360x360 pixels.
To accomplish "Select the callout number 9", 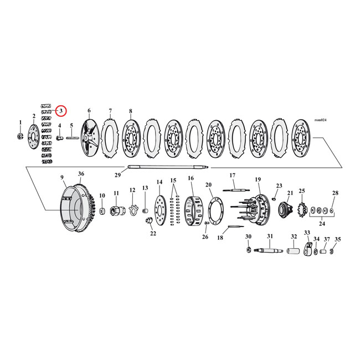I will (x=62, y=177).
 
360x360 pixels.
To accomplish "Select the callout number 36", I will (x=81, y=174).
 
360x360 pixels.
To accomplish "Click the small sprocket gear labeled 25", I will (x=302, y=210).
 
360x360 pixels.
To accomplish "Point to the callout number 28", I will (x=335, y=193).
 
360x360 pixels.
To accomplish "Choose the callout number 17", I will (x=233, y=175).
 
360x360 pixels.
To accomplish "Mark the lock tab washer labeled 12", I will (x=132, y=209).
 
